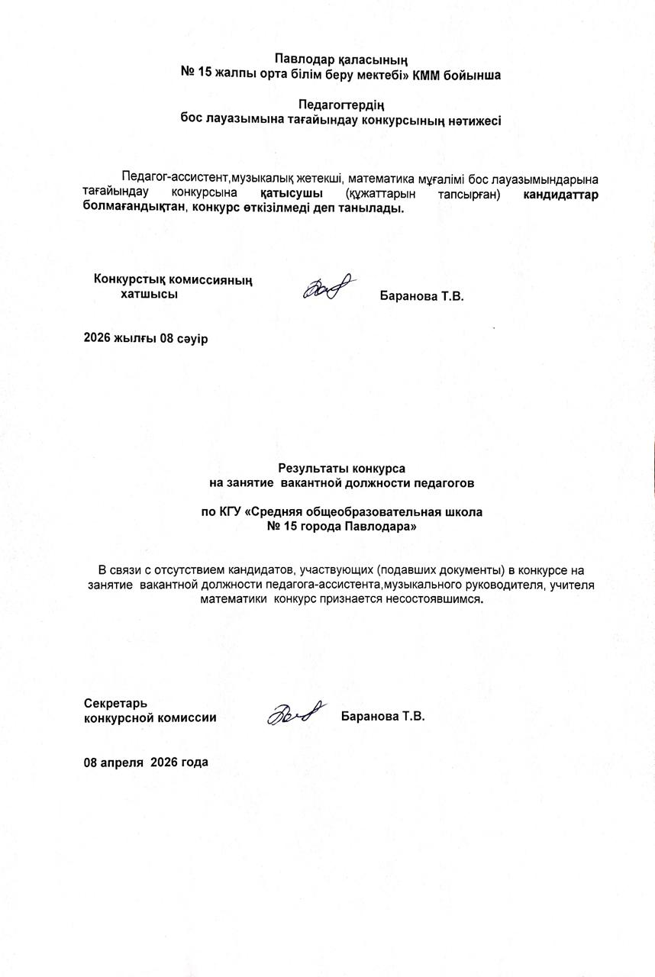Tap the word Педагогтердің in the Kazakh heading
point(340,105)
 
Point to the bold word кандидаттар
point(560,193)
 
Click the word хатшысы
point(150,294)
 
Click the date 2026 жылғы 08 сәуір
point(145,338)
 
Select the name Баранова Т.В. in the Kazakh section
point(421,296)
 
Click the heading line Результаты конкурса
point(341,468)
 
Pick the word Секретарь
point(116,702)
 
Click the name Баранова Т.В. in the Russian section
point(382,717)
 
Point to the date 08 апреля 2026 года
point(146,762)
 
